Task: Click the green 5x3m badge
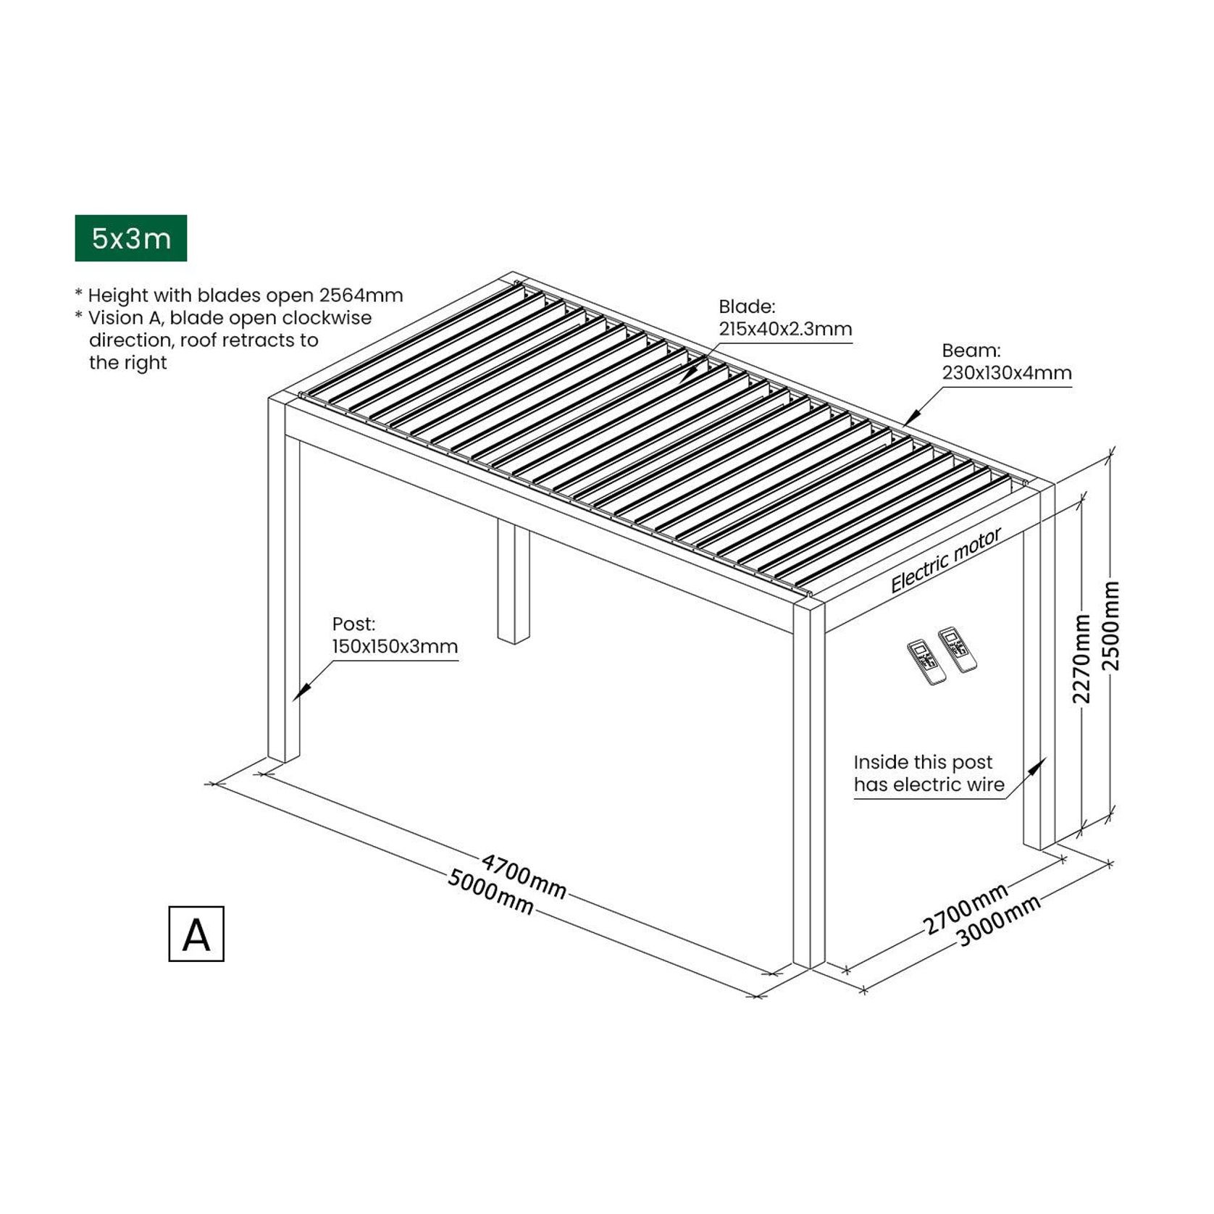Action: [x=130, y=238]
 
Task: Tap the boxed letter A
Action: [x=196, y=934]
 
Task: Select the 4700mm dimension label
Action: [x=524, y=876]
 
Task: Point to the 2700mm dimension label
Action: [x=965, y=908]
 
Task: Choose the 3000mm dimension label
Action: [x=999, y=921]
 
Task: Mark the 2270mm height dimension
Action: [x=1081, y=658]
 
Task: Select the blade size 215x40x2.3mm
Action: [x=785, y=330]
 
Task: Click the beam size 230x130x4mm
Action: [x=1006, y=373]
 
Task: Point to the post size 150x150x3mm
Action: [x=395, y=647]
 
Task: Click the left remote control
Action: [x=926, y=662]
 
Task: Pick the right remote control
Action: [x=957, y=649]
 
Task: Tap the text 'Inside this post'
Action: [x=922, y=762]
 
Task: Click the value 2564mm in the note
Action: [x=361, y=296]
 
